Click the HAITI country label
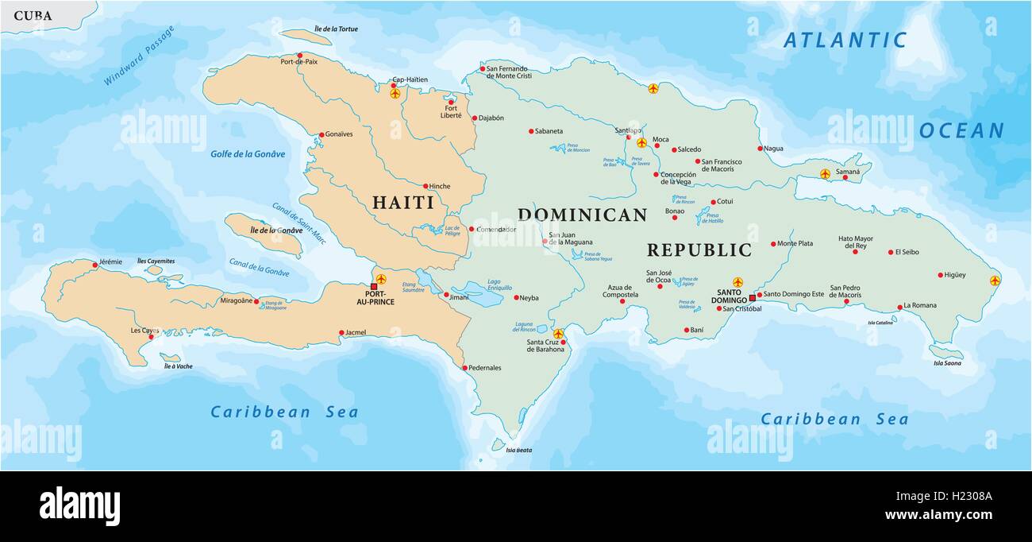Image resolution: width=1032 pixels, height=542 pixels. [403, 203]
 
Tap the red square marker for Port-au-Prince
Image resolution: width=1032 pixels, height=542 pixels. [374, 286]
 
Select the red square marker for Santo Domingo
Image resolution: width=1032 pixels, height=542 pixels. [752, 298]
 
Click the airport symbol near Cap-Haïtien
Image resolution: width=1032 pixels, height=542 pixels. [395, 93]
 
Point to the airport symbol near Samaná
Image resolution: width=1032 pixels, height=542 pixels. [825, 173]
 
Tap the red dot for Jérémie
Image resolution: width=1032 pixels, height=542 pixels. [94, 265]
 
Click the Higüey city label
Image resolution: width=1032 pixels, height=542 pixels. [955, 275]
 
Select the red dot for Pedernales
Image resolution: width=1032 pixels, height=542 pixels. [464, 368]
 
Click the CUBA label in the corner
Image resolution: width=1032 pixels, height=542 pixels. [33, 16]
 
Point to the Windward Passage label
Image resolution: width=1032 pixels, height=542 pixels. [139, 56]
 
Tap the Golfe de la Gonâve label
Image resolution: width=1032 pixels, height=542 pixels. [247, 154]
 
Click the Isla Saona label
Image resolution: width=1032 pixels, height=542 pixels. [947, 363]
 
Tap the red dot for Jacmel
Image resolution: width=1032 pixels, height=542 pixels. [341, 333]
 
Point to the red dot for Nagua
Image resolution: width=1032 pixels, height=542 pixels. [760, 149]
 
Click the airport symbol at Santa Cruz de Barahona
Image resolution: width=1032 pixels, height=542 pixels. [558, 334]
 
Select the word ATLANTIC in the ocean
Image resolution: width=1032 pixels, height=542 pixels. [845, 41]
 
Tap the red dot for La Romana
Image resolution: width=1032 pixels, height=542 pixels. [899, 307]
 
